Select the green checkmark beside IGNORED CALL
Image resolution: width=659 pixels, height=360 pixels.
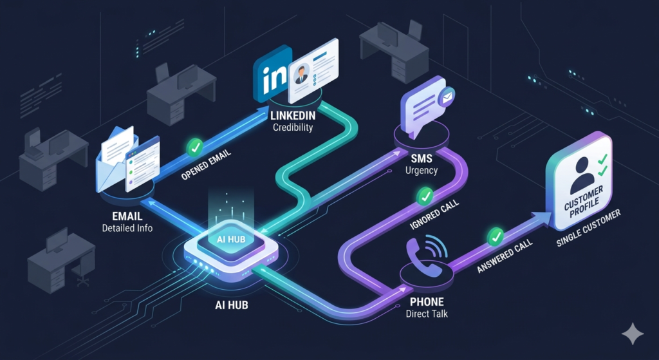[425, 196]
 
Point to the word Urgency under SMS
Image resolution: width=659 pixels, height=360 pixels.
[422, 171]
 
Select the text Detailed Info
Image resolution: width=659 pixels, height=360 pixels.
[127, 229]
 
